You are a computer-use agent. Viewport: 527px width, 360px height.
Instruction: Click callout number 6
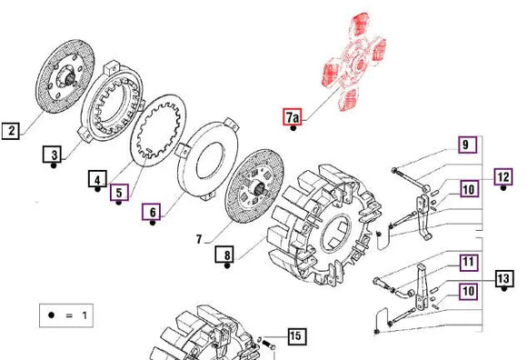pyautogui.click(x=152, y=214)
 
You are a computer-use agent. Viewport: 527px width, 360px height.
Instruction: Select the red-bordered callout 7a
pyautogui.click(x=293, y=117)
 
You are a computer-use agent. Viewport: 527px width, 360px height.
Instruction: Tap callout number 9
pyautogui.click(x=464, y=145)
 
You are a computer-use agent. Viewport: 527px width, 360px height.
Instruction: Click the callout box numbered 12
pyautogui.click(x=503, y=176)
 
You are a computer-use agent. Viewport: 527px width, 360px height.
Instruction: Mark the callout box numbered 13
pyautogui.click(x=503, y=278)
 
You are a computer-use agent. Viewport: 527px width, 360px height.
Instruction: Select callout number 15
pyautogui.click(x=294, y=336)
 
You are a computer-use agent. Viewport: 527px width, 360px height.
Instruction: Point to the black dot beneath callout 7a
pyautogui.click(x=293, y=130)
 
